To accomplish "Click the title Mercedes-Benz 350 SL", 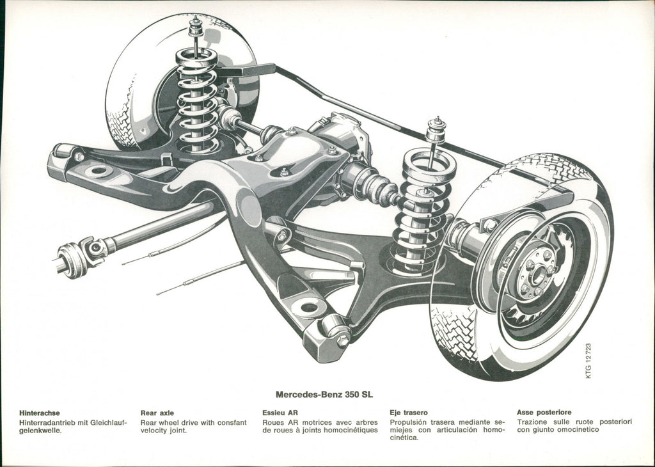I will click(x=324, y=395).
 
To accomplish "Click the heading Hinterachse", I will click(x=40, y=413).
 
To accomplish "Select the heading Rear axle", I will click(x=157, y=413).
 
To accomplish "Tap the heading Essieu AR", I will click(x=280, y=413).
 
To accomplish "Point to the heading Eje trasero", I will click(x=409, y=413).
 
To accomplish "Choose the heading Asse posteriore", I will click(x=544, y=413).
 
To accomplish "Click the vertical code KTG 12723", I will click(x=588, y=361).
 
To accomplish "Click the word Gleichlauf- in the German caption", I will click(x=108, y=422).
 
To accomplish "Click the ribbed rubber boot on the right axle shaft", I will click(x=374, y=186).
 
